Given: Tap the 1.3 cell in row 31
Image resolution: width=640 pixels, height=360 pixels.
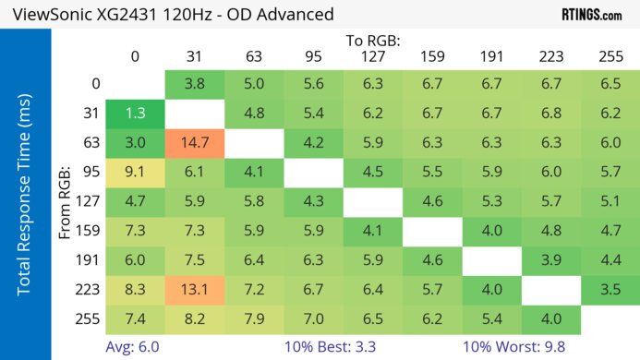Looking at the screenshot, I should coord(135,113).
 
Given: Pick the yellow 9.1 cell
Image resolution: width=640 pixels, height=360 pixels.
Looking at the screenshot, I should coord(135,173).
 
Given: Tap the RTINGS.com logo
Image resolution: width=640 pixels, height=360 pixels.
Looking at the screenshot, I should coord(592,15).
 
